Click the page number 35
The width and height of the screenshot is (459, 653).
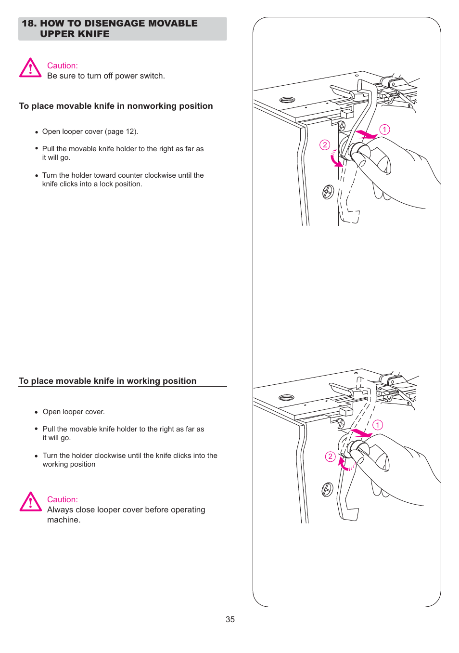[x=230, y=619]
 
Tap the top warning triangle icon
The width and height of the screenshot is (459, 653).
[x=30, y=68]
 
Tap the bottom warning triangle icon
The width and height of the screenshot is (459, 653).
[x=30, y=502]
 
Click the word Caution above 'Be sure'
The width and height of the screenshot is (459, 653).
[x=62, y=65]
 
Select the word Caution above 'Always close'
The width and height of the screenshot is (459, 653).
[x=62, y=499]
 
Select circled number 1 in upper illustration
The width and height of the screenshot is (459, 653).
[x=384, y=130]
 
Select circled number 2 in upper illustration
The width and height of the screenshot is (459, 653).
[x=325, y=145]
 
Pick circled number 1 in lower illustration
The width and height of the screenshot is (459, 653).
[x=378, y=425]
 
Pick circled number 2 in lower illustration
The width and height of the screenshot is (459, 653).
[x=330, y=457]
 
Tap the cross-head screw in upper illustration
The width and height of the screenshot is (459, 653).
[x=328, y=192]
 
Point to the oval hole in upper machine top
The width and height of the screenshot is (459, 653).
[x=287, y=100]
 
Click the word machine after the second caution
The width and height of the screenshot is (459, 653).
[x=63, y=520]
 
